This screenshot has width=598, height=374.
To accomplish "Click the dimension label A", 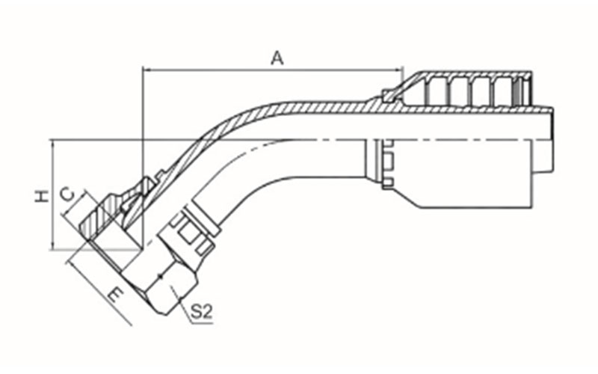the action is pyautogui.click(x=277, y=58).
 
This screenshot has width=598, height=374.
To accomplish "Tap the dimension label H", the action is pyautogui.click(x=42, y=196).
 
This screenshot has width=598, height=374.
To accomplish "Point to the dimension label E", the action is pyautogui.click(x=116, y=295).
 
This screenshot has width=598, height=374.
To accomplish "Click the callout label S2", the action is pyautogui.click(x=201, y=312).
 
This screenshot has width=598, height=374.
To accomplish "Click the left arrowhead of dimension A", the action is pyautogui.click(x=147, y=70).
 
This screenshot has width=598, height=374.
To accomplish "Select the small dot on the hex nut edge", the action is pyautogui.click(x=161, y=276).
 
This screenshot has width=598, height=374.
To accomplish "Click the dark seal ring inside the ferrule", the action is pyautogui.click(x=517, y=91).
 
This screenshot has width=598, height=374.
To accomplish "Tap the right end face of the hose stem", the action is pyautogui.click(x=552, y=140).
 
